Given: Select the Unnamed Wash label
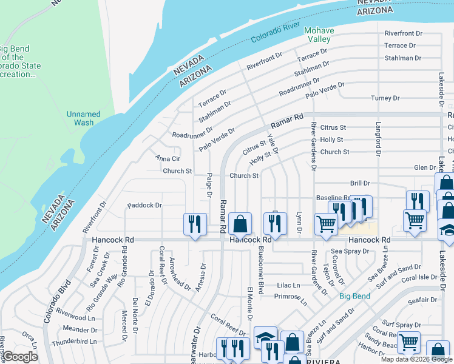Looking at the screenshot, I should tap(84, 118).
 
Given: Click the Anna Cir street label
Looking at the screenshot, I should tap(168, 158).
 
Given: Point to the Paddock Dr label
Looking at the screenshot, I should tap(144, 206).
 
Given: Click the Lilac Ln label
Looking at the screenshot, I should tap(288, 285).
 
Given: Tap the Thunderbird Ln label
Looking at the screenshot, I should tap(75, 342).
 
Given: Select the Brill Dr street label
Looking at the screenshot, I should tap(360, 183).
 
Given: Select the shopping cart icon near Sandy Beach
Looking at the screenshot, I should tap(408, 342).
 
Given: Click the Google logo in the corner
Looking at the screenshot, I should tap(21, 357).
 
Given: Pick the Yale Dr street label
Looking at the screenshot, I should tap(273, 143).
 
